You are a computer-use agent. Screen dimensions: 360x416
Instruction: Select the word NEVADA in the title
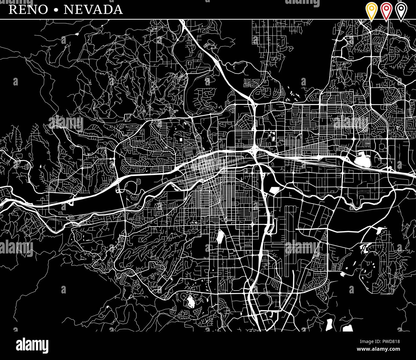click(93, 10)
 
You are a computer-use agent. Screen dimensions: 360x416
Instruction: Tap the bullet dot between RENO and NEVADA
click(56, 10)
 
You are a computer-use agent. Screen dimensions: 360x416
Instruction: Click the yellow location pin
click(371, 11)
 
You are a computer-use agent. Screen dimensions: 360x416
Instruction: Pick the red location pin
click(386, 11)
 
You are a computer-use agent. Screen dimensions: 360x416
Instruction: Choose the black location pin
click(401, 11)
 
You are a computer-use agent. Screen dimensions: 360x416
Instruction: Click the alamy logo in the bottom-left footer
click(32, 346)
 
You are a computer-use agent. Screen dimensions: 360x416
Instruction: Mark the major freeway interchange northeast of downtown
click(255, 148)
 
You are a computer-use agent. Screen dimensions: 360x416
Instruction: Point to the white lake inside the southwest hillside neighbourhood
click(191, 301)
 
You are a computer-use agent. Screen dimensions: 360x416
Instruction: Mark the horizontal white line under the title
click(208, 20)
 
